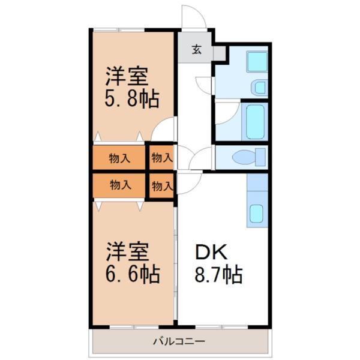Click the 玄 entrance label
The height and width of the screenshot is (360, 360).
coord(196,50)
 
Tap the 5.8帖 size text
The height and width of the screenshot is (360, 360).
coord(133,98)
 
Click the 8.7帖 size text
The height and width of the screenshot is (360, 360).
coord(220,275)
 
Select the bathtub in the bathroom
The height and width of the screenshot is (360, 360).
coord(256,122)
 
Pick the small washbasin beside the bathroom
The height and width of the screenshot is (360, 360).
coord(259,88)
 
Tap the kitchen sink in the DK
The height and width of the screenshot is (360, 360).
coord(256,212)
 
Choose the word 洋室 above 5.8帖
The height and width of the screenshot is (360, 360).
coord(127,76)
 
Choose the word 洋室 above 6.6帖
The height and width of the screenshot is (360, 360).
coord(127,250)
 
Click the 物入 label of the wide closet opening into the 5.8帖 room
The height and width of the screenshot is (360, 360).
coord(120,158)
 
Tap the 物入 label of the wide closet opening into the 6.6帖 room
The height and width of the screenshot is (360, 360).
coord(120,185)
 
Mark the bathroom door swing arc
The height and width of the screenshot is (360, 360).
coord(226,112)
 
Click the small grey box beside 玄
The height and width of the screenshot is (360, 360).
coord(220,53)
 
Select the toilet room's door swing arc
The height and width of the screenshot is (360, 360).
coord(203,158)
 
